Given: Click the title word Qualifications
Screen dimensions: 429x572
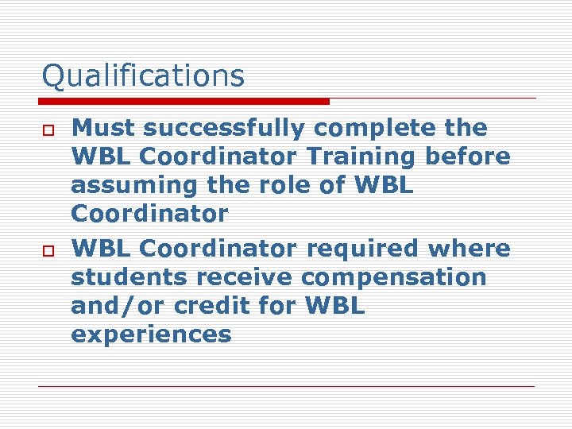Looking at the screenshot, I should (x=143, y=76).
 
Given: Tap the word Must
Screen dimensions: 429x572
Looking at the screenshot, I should (x=97, y=128).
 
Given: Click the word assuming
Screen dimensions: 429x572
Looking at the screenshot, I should (x=128, y=186).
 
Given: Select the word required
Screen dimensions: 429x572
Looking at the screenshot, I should (x=364, y=249).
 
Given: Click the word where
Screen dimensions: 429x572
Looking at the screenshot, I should (x=470, y=249).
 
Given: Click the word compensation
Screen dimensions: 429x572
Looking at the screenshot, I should (x=394, y=279).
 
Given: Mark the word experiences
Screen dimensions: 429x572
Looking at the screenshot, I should (x=151, y=335).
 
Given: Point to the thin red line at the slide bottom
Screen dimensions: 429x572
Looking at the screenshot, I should (x=286, y=386).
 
